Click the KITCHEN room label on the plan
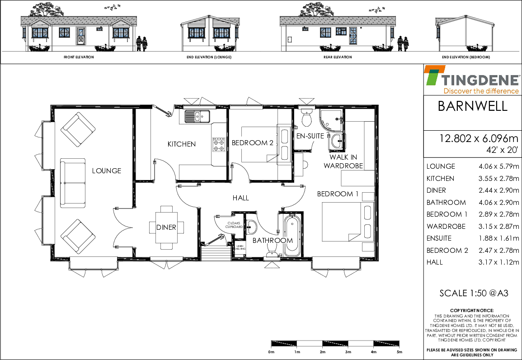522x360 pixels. (x=181, y=144)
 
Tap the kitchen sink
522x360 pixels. (x=197, y=116)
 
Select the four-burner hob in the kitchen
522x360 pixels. (x=219, y=145)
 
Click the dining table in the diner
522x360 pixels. (x=166, y=227)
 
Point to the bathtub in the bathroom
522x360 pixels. (x=292, y=235)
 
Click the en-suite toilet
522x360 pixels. (x=306, y=116)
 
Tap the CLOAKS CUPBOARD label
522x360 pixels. (x=234, y=225)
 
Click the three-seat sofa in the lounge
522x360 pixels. (x=73, y=183)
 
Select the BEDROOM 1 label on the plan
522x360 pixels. (x=338, y=194)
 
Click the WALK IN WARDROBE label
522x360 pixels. (x=343, y=161)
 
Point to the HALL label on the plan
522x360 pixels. (x=241, y=198)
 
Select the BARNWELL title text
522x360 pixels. (x=472, y=106)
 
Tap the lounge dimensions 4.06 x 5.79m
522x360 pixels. (x=498, y=166)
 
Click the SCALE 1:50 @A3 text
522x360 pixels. (x=474, y=293)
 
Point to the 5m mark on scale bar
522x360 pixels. (x=400, y=352)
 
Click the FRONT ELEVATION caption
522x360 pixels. (x=79, y=57)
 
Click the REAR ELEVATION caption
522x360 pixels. (x=338, y=57)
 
